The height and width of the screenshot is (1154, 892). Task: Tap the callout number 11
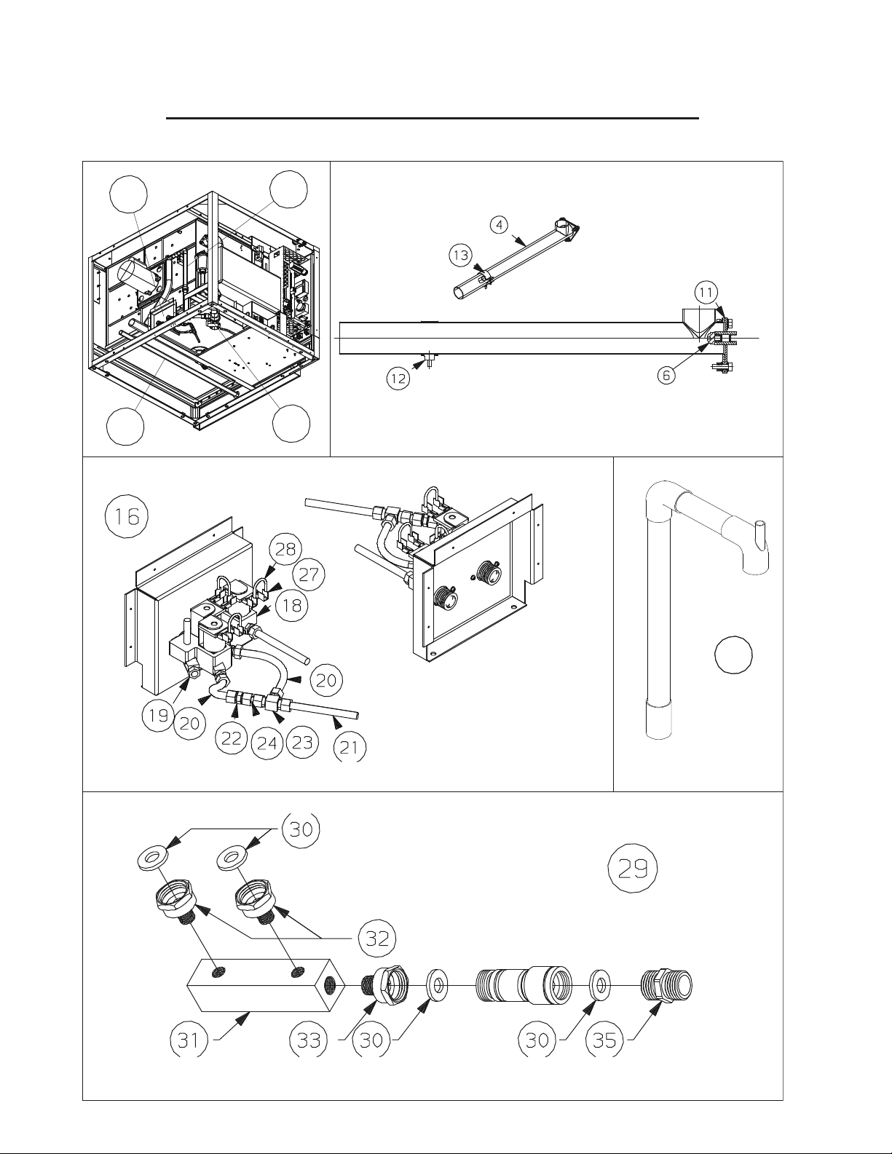pyautogui.click(x=705, y=293)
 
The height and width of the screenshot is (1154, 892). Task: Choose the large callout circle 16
pyautogui.click(x=125, y=517)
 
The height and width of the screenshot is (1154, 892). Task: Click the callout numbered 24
pyautogui.click(x=267, y=743)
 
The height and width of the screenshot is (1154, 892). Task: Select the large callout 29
pyautogui.click(x=633, y=869)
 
